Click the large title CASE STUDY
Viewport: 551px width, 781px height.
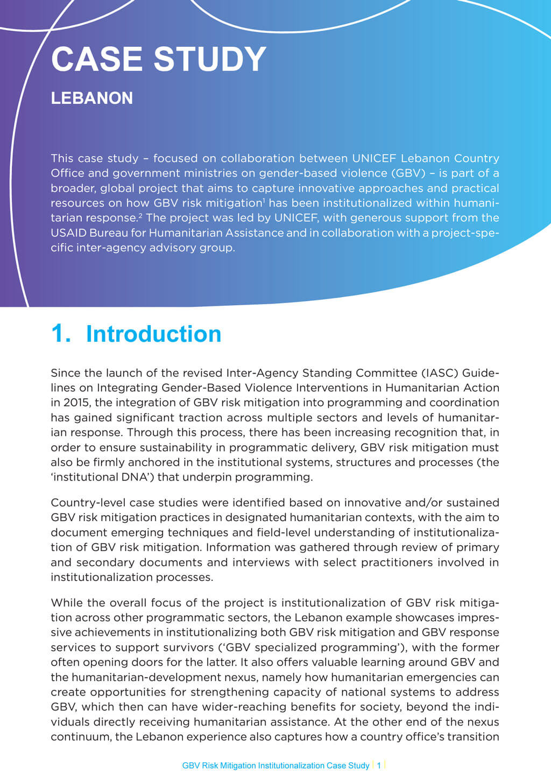[159, 59]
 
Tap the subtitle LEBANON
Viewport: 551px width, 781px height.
[91, 98]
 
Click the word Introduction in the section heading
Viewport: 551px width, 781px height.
[153, 334]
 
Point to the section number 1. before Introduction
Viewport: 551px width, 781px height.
[61, 334]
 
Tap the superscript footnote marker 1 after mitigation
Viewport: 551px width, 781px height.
[263, 200]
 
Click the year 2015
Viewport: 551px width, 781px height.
[77, 403]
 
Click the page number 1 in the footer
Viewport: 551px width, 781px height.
[379, 765]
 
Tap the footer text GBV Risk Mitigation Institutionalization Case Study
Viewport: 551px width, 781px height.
[275, 765]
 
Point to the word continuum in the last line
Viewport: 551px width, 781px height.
[80, 737]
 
